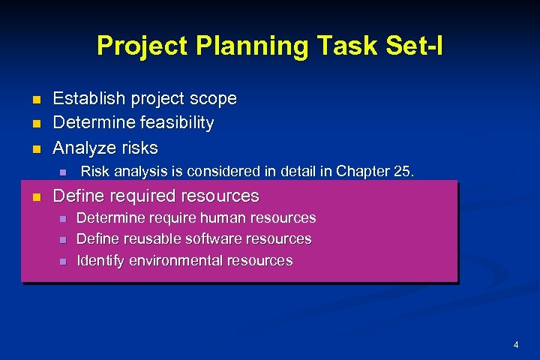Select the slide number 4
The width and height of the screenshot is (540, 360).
(516, 345)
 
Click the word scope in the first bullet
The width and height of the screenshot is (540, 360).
(212, 98)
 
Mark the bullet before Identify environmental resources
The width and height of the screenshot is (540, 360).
(63, 262)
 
